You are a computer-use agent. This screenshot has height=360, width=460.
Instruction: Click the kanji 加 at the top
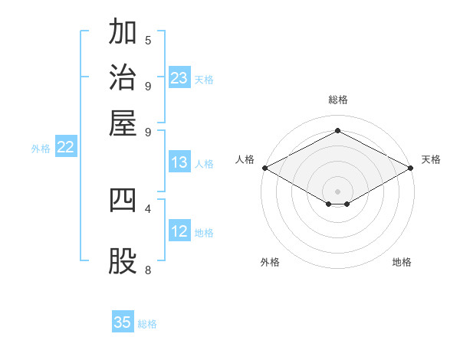(123, 31)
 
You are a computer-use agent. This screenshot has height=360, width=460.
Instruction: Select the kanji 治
(123, 77)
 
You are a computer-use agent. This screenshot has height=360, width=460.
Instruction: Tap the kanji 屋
(123, 123)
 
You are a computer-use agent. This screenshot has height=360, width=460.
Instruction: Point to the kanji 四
(123, 200)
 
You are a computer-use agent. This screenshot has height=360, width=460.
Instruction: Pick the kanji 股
(123, 261)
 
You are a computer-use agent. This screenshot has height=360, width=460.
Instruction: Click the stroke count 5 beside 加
(148, 41)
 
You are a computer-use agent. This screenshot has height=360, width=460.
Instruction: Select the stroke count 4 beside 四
(148, 209)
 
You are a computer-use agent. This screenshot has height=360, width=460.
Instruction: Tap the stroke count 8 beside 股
(148, 270)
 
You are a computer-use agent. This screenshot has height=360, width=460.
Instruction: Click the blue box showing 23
(179, 77)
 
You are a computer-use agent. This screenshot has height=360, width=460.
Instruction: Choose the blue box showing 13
(179, 162)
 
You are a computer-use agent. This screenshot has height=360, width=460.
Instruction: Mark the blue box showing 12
(179, 230)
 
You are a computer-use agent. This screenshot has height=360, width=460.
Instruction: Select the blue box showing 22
(66, 146)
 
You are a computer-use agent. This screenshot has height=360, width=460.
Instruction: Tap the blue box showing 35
(123, 321)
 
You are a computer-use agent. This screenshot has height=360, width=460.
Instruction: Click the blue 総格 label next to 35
(147, 324)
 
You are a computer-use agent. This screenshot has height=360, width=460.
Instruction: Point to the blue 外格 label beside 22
(41, 149)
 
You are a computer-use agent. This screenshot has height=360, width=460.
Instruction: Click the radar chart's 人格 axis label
(245, 159)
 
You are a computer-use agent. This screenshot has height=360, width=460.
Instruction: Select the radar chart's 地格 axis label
(402, 262)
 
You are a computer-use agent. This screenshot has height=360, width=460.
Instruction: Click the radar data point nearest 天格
(411, 168)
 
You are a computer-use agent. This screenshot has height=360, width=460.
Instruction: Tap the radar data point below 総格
(337, 130)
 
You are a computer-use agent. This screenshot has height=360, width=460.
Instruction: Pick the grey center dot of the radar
(337, 191)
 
